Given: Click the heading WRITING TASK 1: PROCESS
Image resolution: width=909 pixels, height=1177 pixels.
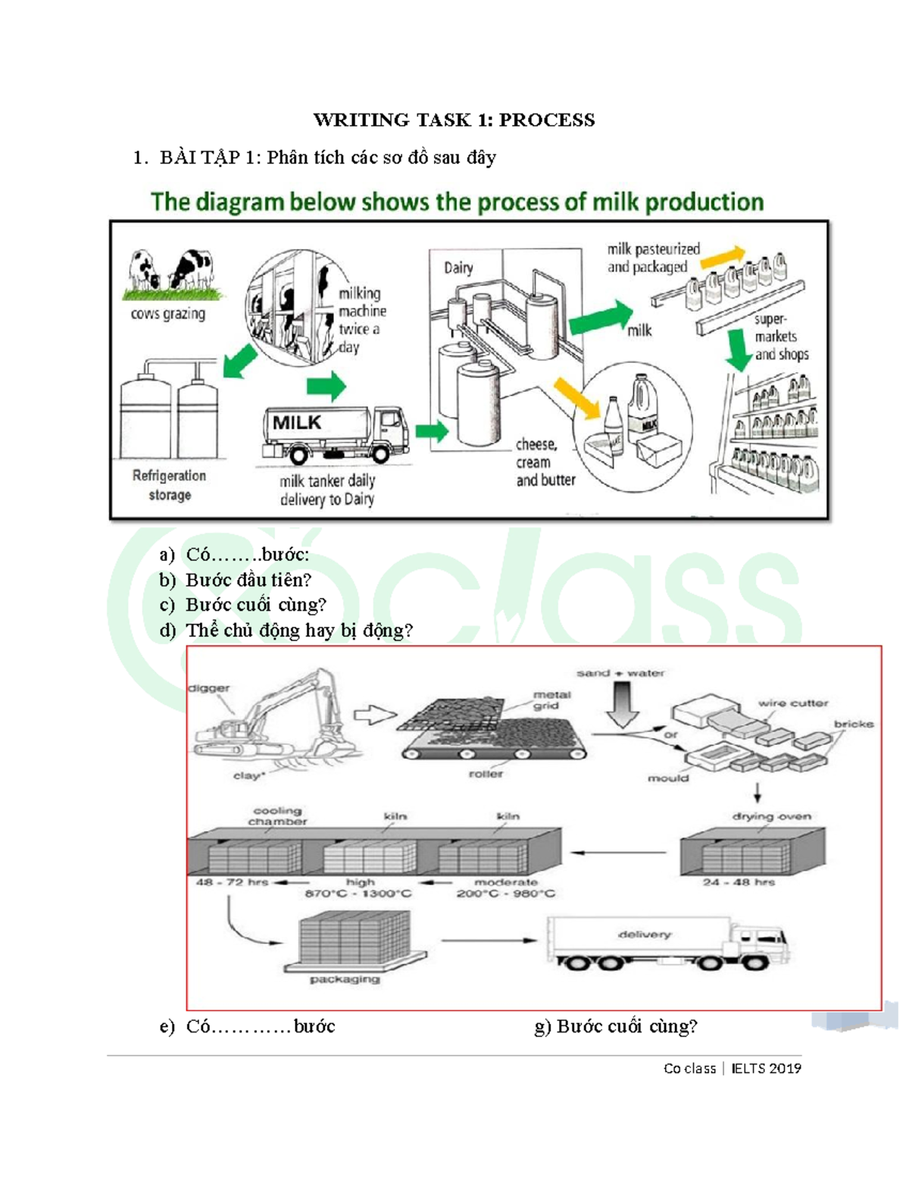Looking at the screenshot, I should click(x=454, y=120).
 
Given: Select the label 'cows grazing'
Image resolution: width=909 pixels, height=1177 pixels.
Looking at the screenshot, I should click(x=168, y=314).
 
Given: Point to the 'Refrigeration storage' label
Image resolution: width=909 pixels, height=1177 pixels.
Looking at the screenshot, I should click(x=169, y=485).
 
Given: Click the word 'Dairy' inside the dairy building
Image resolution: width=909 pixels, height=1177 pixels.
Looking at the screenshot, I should click(x=458, y=268).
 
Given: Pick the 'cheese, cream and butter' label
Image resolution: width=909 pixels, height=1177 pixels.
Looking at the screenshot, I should click(x=545, y=462).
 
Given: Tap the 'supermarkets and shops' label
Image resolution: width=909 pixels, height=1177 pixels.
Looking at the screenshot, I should click(x=780, y=337).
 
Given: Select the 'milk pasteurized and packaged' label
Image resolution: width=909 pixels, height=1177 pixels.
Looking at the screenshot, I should click(x=653, y=258).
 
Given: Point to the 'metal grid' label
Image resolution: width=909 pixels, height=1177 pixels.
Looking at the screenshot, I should click(x=551, y=700).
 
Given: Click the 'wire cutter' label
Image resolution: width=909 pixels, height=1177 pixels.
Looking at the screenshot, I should click(x=792, y=703).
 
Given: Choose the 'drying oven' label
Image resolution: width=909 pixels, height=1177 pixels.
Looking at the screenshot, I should click(x=771, y=816).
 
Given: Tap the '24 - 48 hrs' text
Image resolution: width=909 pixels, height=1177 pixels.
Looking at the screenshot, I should click(x=739, y=882).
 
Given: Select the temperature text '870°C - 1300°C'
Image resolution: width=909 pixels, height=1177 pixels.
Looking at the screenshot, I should click(x=358, y=894).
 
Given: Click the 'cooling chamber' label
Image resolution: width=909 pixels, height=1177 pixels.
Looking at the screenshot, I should click(x=277, y=816).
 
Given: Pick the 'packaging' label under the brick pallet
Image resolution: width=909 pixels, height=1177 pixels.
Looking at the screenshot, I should click(x=345, y=979).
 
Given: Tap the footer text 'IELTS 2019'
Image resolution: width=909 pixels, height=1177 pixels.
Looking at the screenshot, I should click(x=766, y=1069).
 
